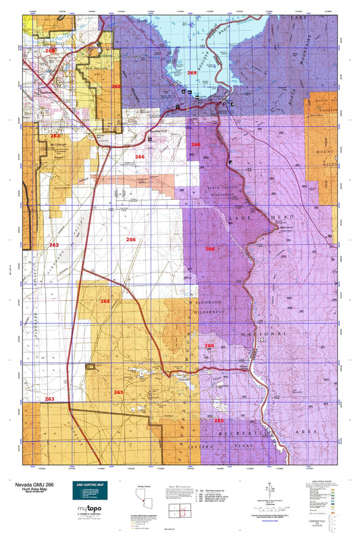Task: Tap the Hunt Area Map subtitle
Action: click(26, 489)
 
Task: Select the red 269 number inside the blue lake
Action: click(192, 73)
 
